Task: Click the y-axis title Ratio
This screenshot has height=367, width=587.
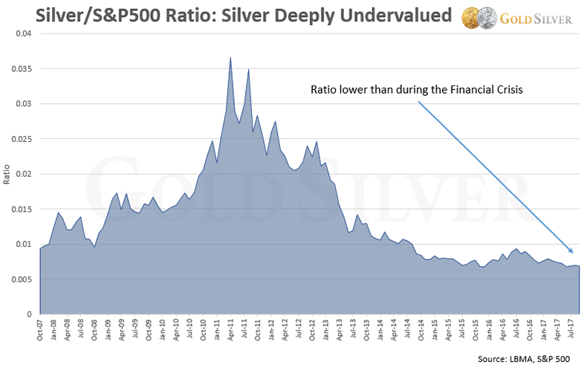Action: point(7,175)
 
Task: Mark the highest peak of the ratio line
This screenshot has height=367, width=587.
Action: point(230,57)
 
